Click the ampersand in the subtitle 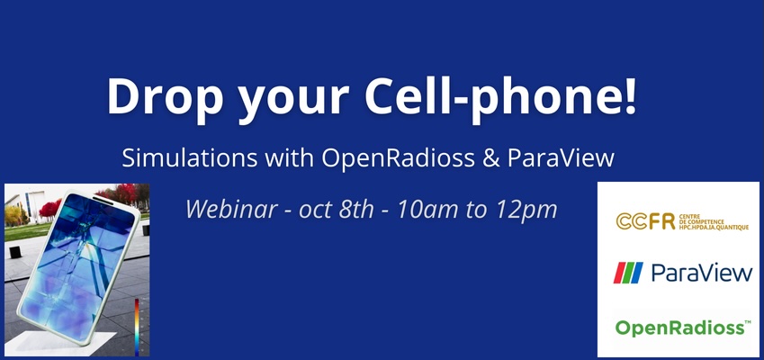pos(491,158)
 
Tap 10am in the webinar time pos(425,210)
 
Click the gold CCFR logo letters pos(645,221)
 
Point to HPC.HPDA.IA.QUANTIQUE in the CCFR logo pos(713,227)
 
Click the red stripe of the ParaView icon pos(620,273)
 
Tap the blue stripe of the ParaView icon pos(636,273)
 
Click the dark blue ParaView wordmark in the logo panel pos(702,273)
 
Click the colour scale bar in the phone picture pos(137,324)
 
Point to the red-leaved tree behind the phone pos(122,193)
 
